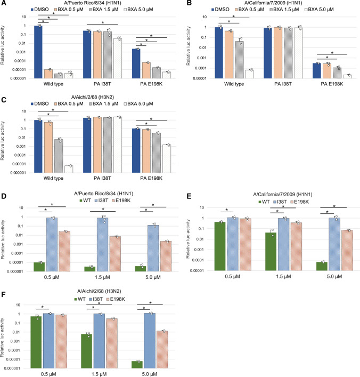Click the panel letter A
coord(4,4)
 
